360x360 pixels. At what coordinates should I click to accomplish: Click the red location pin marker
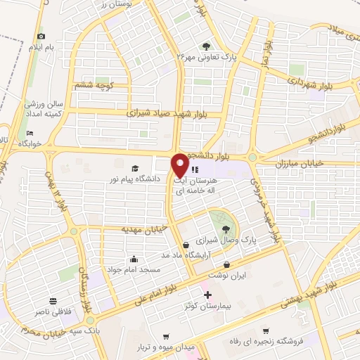click(x=180, y=165)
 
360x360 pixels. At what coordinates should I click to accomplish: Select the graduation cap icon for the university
click(x=134, y=168)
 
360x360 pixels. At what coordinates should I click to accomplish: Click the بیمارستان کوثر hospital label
click(x=207, y=307)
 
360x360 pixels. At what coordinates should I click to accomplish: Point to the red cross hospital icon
click(x=207, y=295)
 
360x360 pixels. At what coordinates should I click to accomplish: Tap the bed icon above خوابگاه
click(x=30, y=132)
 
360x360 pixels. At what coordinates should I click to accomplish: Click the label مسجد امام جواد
click(x=134, y=269)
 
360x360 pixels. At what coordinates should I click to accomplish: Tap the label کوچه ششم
click(x=94, y=86)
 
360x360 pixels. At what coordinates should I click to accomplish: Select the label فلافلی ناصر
click(x=53, y=309)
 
